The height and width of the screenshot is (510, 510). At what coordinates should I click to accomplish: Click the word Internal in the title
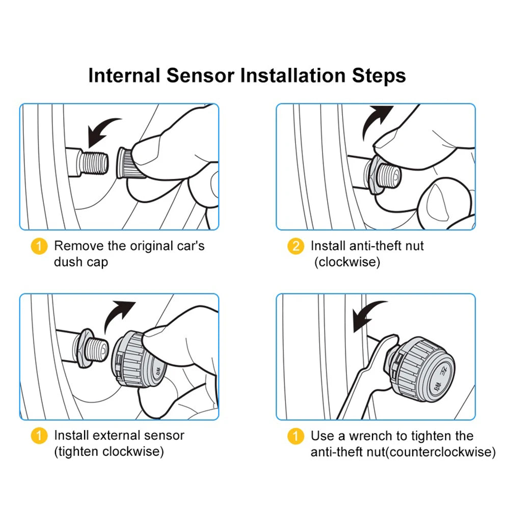coord(123,75)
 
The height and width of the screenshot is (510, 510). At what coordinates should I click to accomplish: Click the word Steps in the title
coord(379,76)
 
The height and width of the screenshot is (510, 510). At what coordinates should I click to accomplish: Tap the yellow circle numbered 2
coord(296,247)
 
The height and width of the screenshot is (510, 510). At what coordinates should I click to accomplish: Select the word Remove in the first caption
coord(78,246)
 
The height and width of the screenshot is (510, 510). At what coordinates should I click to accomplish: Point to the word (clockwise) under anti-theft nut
coord(346,262)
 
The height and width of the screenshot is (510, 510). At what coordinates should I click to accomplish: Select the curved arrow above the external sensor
coord(119,315)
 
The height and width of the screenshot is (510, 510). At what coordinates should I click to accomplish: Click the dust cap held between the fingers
coord(130,162)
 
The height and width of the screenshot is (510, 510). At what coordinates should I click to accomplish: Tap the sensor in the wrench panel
coord(423,364)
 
